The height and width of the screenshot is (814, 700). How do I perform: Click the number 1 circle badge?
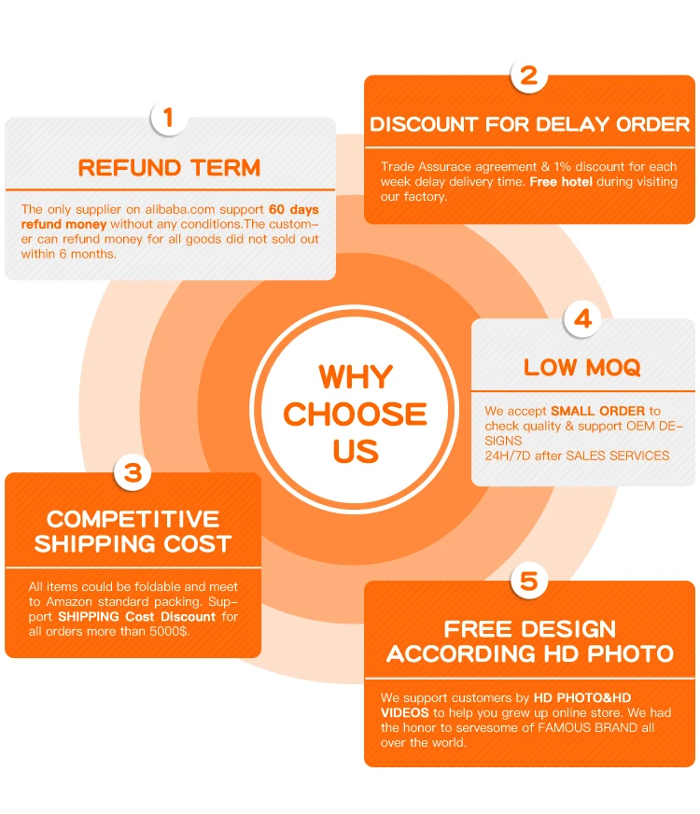point(169,118)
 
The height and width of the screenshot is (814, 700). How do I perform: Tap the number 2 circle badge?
point(528,76)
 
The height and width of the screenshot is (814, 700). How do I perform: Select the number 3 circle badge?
point(133,472)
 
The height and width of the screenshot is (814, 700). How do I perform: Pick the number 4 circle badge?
point(582,319)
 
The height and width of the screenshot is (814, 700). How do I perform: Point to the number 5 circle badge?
point(528,582)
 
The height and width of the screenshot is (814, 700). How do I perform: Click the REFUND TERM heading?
point(169,168)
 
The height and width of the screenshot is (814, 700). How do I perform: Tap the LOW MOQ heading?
point(582,368)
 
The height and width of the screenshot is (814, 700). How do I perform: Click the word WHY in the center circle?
point(356,377)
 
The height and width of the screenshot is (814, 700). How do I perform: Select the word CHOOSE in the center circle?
point(356,414)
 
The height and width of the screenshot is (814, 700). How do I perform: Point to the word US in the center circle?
point(356,452)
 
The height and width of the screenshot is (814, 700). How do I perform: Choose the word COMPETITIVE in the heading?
point(133,519)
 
